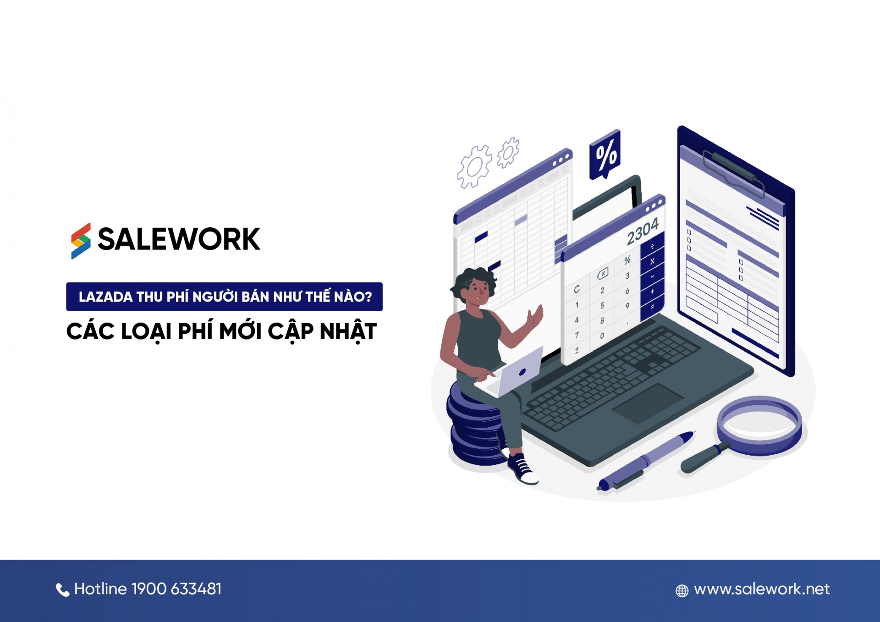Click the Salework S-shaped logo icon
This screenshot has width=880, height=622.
(81, 241)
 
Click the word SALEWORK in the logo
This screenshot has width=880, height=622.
(179, 239)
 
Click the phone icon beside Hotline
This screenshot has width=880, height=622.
(62, 589)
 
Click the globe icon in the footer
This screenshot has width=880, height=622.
(682, 591)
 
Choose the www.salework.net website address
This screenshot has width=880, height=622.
(761, 589)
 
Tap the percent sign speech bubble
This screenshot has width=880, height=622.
(605, 154)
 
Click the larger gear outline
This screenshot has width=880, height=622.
(474, 167)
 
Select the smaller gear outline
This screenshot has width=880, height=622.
(508, 153)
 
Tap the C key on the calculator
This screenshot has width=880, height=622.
(577, 289)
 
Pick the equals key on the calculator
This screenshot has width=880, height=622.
(652, 306)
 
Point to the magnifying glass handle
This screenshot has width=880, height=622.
(701, 458)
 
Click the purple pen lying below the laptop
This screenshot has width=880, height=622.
(646, 460)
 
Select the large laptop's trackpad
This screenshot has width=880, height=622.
(647, 403)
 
